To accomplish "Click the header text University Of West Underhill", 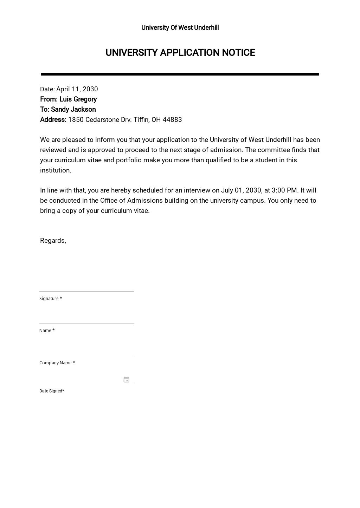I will point(180,28).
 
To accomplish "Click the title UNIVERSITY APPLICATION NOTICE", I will point(180,53).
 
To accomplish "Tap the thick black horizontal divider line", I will point(180,74).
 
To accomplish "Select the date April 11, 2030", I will point(77,89).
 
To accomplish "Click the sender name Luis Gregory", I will point(78,99).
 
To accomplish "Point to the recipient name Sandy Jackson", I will point(73,110).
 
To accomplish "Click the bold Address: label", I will point(53,120).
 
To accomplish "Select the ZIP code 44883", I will point(172,120).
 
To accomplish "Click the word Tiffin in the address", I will point(141,120).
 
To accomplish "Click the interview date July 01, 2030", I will point(241,190).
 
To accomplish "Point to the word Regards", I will point(52,241).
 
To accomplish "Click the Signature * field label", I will point(51,299).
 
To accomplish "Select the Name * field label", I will point(47,331).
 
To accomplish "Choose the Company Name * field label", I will point(57,363).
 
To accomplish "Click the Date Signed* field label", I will point(52,391).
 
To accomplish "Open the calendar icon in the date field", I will point(127,380).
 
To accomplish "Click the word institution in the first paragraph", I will point(56,170).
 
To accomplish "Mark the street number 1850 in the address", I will point(76,120).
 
